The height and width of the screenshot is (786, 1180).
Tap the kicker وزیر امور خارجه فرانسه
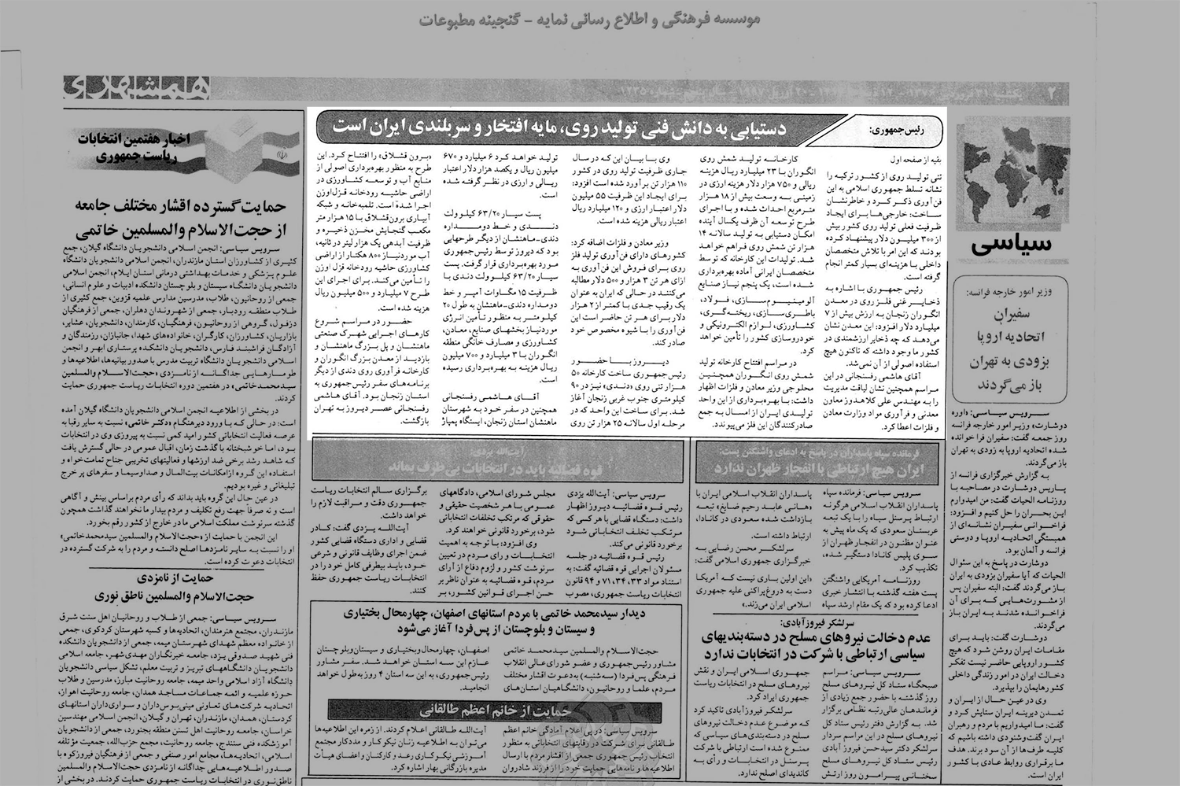tap(1009, 291)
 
